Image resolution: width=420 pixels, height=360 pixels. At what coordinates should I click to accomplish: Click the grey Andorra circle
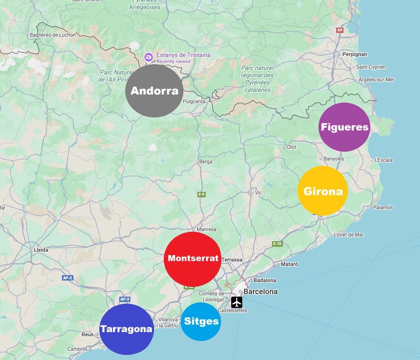[154, 91]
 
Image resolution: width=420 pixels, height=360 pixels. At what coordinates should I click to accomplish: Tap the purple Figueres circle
[344, 127]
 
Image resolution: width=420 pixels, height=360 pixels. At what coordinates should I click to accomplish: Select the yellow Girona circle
[323, 191]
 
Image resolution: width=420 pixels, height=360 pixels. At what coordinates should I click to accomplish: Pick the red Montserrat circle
[192, 259]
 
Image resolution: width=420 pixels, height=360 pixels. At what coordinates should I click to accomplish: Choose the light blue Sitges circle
[201, 321]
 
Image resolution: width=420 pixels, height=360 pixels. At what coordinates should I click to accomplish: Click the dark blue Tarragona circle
[127, 329]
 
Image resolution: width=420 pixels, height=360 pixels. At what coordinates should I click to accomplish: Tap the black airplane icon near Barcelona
[237, 302]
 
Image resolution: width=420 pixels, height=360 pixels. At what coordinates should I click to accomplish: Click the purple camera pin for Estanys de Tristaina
[148, 58]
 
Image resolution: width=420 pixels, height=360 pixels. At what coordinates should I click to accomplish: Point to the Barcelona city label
[260, 292]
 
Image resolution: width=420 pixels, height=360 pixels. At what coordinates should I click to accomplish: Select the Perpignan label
[355, 54]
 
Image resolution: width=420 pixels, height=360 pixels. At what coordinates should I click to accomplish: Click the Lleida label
[41, 250]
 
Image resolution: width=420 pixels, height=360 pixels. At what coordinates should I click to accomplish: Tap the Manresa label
[206, 229]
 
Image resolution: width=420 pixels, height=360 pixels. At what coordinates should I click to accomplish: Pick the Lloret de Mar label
[349, 235]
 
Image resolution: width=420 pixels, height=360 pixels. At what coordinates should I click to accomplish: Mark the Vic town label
[258, 193]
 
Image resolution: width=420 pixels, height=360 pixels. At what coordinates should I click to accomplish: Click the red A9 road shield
[339, 30]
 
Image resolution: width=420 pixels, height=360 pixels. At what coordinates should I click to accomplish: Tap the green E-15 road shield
[277, 243]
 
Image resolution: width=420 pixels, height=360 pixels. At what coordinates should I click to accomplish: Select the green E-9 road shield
[201, 194]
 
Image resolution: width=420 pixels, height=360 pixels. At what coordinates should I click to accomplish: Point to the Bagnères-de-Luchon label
[52, 35]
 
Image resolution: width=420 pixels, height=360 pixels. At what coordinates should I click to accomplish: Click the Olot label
[291, 147]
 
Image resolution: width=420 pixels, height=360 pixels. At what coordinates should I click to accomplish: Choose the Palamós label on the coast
[383, 208]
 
